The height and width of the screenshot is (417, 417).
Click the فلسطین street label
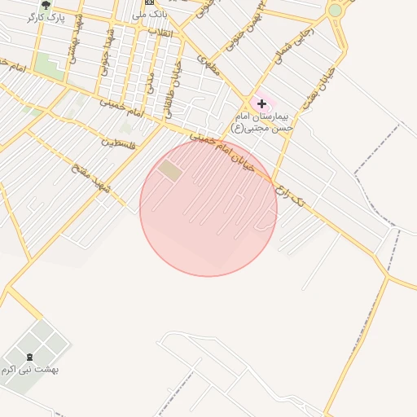[x=118, y=143]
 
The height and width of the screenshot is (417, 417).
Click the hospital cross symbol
[x=261, y=103]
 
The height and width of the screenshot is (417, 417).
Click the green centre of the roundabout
[x=335, y=10]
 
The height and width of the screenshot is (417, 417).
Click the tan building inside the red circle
[x=170, y=170]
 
